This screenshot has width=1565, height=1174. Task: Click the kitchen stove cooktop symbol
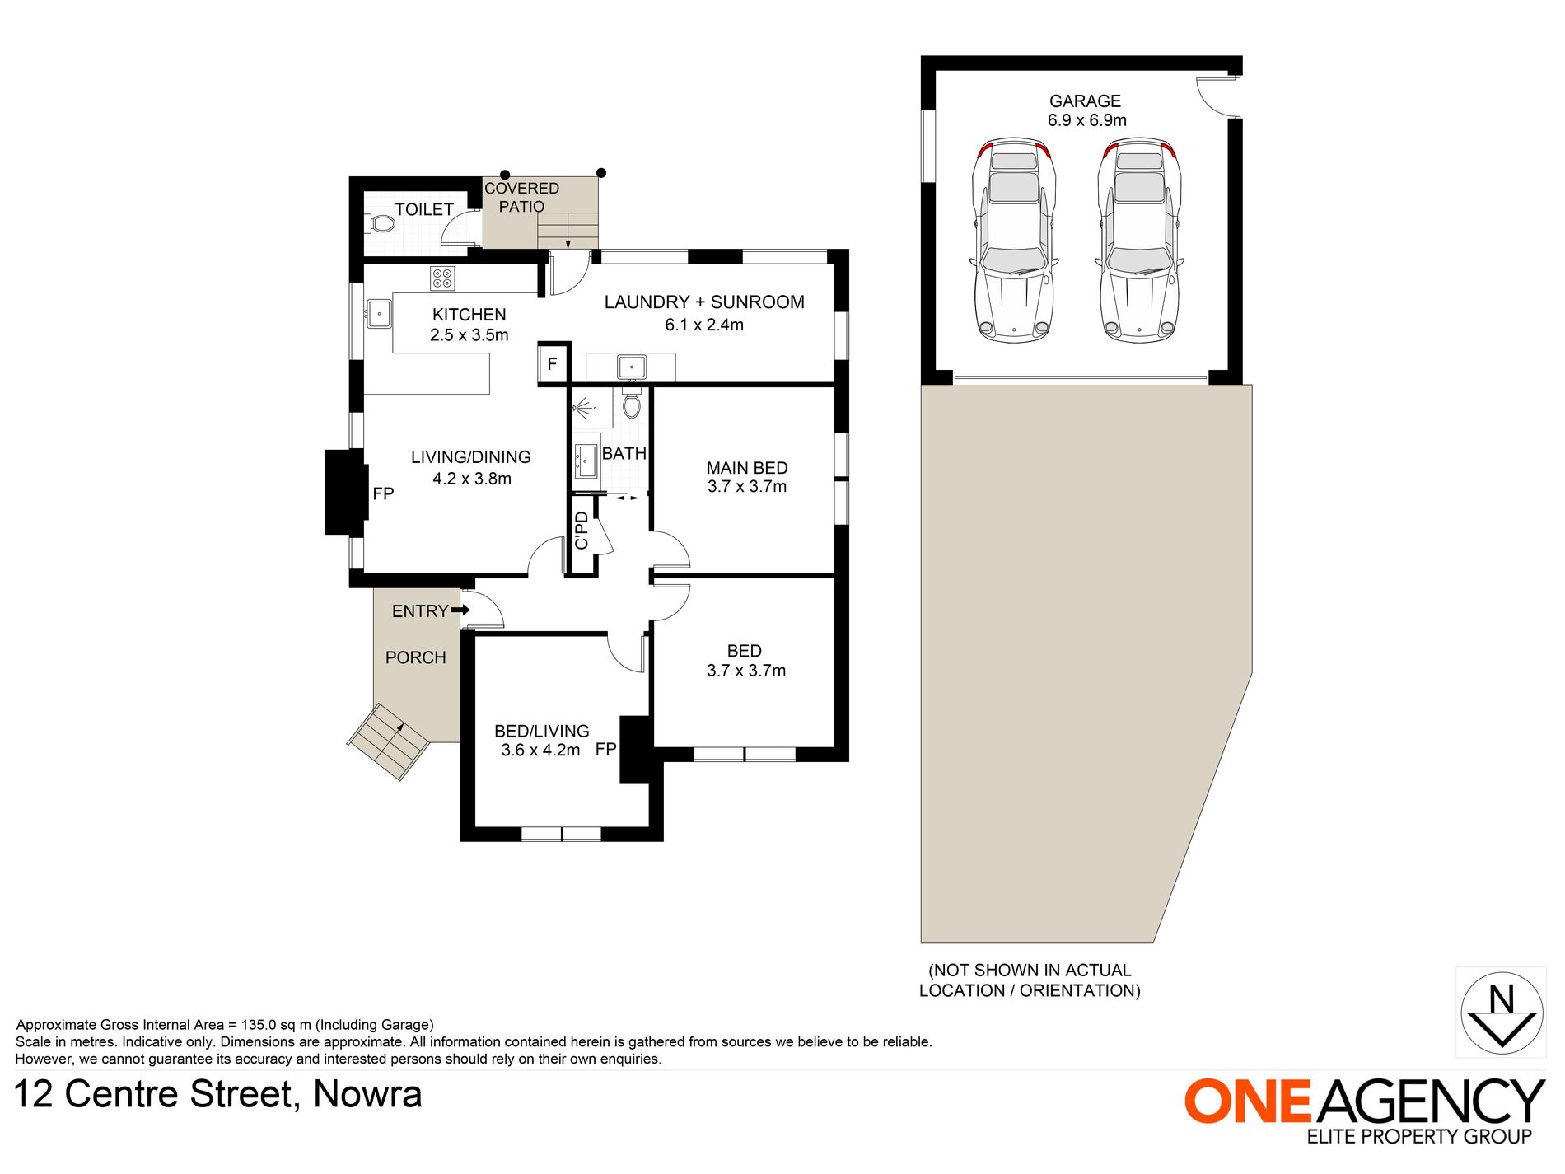[442, 278]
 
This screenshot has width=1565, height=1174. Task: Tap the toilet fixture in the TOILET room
[381, 223]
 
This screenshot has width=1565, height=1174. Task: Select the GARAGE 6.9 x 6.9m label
[1086, 110]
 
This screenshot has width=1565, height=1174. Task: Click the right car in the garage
[1139, 240]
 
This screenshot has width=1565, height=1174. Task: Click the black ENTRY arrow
[460, 610]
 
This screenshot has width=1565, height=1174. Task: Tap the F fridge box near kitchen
[553, 364]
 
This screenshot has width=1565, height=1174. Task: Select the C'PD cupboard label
[582, 531]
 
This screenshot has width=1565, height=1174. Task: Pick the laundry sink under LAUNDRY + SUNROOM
[632, 367]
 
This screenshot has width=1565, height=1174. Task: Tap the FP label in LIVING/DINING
[383, 493]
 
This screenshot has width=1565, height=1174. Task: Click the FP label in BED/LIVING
[605, 749]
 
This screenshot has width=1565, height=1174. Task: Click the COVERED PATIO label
[521, 198]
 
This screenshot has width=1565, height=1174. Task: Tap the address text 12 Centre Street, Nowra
[218, 1095]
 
